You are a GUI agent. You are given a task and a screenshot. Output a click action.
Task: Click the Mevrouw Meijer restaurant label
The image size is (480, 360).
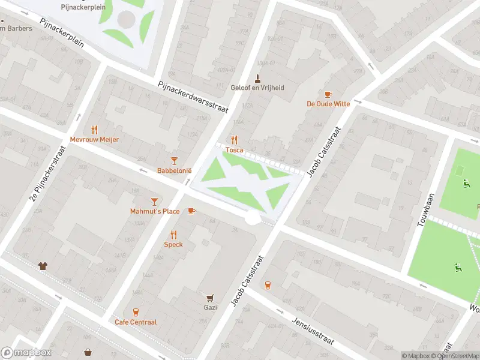tap(94, 139)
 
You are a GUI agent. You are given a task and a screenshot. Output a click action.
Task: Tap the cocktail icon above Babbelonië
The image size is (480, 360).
tap(174, 160)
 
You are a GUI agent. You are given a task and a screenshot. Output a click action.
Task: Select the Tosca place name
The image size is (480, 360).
tap(234, 150)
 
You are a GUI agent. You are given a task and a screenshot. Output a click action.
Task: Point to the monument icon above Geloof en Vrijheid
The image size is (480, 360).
tap(258, 78)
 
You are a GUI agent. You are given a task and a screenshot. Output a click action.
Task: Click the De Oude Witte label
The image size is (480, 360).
tap(328, 104)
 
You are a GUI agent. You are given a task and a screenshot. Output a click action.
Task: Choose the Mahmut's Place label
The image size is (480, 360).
tap(155, 211)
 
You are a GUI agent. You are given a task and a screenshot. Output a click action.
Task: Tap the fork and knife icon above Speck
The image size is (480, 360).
tap(173, 235)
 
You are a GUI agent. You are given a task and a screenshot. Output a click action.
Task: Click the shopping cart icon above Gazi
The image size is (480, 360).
tap(210, 298)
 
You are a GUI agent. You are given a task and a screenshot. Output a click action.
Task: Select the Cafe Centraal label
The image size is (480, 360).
tap(136, 322)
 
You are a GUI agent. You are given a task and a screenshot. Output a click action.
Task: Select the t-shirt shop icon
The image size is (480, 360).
tap(43, 266)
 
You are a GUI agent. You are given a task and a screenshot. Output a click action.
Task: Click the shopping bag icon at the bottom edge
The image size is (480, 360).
tap(88, 352)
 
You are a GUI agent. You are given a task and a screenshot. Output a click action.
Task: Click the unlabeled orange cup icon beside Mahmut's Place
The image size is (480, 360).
tap(191, 211)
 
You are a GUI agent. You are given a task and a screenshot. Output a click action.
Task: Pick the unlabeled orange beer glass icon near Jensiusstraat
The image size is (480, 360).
tap(267, 285)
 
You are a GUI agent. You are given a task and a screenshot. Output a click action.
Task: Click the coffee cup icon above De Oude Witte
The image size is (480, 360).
tap(328, 94)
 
